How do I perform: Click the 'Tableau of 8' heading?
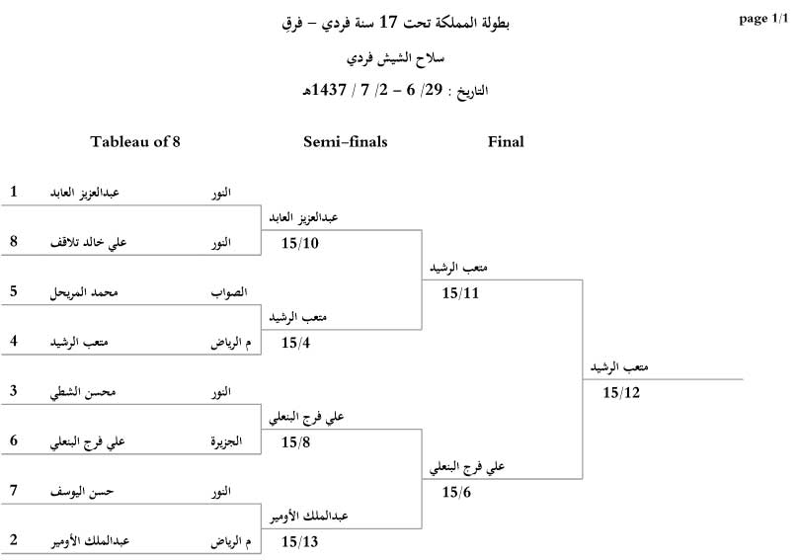click(135, 141)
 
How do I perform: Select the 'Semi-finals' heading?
click(345, 141)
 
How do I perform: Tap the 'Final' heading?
click(506, 141)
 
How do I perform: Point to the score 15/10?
click(300, 243)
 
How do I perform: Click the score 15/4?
click(296, 344)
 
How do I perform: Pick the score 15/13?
click(300, 542)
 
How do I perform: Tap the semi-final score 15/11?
click(461, 293)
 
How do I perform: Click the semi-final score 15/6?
click(457, 492)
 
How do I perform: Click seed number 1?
click(14, 192)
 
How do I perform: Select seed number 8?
click(14, 241)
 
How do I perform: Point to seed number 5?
click(14, 291)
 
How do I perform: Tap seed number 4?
click(14, 342)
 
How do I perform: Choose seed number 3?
click(14, 391)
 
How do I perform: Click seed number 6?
click(14, 440)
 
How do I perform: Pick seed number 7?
click(14, 490)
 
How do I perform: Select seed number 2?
click(14, 540)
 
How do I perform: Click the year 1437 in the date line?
click(328, 90)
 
